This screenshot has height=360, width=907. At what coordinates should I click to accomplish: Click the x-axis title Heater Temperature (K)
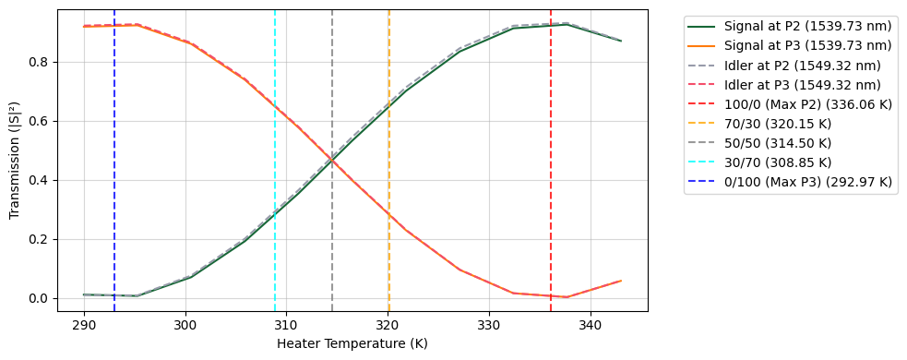coord(352,344)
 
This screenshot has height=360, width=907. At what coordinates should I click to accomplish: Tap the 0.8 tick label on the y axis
coord(40,63)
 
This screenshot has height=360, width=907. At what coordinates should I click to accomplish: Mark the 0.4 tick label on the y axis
coord(40,180)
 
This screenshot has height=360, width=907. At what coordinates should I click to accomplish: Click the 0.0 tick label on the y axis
coord(40,298)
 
